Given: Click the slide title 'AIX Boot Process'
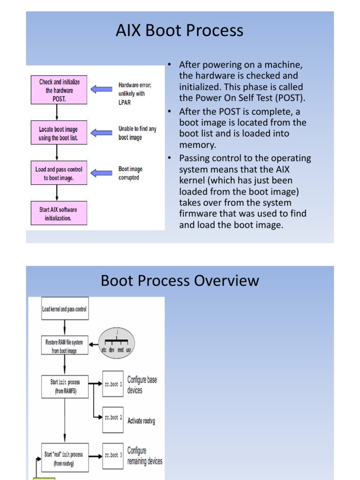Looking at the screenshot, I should coord(180,30).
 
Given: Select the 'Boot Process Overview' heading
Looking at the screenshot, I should coord(180,281).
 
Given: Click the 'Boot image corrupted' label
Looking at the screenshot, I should coord(130,173).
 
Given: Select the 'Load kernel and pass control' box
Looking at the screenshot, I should coord(65,309).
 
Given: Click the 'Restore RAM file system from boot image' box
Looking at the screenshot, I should coord(65,346).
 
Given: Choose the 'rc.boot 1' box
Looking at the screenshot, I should coord(113,384).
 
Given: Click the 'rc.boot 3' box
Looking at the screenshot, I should coord(113,455).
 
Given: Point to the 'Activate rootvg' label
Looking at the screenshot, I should coord(141,420).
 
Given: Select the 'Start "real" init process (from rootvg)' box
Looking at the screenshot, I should coord(65,458).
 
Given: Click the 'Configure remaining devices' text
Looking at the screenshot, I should coord(144,456).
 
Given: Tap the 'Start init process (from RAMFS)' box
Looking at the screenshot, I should coord(65,386).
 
